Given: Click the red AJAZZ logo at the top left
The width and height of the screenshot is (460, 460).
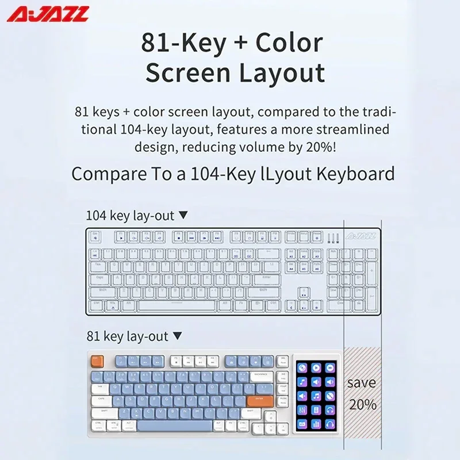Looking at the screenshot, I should pyautogui.click(x=48, y=13).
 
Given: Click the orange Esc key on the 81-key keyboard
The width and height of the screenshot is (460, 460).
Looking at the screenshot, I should pyautogui.click(x=96, y=361).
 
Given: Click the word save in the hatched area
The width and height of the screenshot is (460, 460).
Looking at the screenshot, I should pyautogui.click(x=362, y=382).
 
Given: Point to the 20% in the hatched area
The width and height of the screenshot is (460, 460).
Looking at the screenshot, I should pyautogui.click(x=362, y=404).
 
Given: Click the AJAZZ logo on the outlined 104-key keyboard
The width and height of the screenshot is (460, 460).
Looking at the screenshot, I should pyautogui.click(x=361, y=235).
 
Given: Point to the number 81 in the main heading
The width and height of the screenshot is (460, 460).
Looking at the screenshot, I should pyautogui.click(x=156, y=43).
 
